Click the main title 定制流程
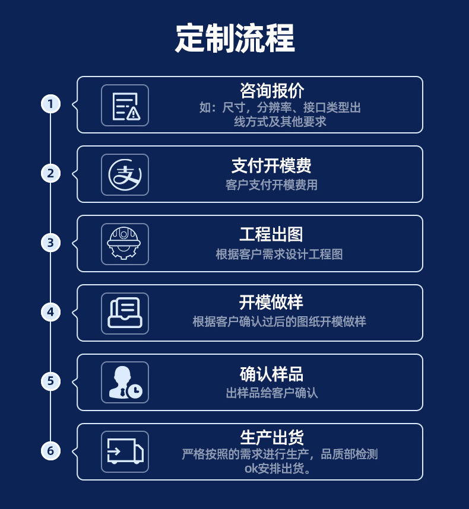235,39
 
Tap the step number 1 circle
50,104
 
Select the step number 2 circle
50,173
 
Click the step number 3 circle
50,243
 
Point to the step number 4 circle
50,312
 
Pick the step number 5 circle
50,381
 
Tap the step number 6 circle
50,451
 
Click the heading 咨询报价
271,91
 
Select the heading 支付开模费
271,166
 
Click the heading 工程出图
271,234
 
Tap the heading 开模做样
271,303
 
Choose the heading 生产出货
271,438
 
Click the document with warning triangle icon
125,105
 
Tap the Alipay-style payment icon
125,174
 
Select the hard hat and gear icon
125,244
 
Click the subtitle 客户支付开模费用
271,185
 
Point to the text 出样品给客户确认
271,393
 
